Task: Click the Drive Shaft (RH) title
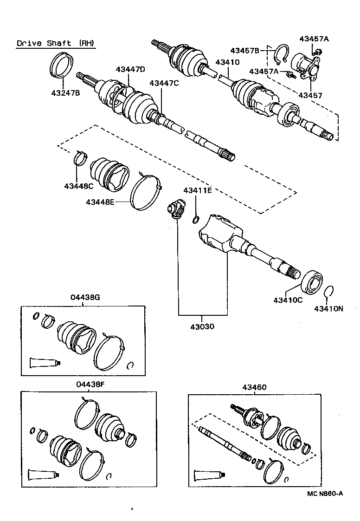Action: [x=56, y=44]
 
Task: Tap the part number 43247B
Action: [x=65, y=93]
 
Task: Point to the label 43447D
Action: [x=130, y=69]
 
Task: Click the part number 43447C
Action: [x=164, y=83]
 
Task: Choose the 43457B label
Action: [x=245, y=50]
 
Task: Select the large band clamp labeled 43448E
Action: [x=146, y=191]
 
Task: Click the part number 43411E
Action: [x=197, y=190]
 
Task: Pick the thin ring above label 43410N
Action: [x=329, y=292]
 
